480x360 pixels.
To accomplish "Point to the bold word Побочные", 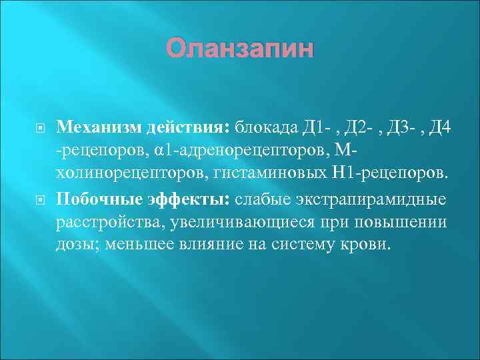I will coord(93,200).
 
